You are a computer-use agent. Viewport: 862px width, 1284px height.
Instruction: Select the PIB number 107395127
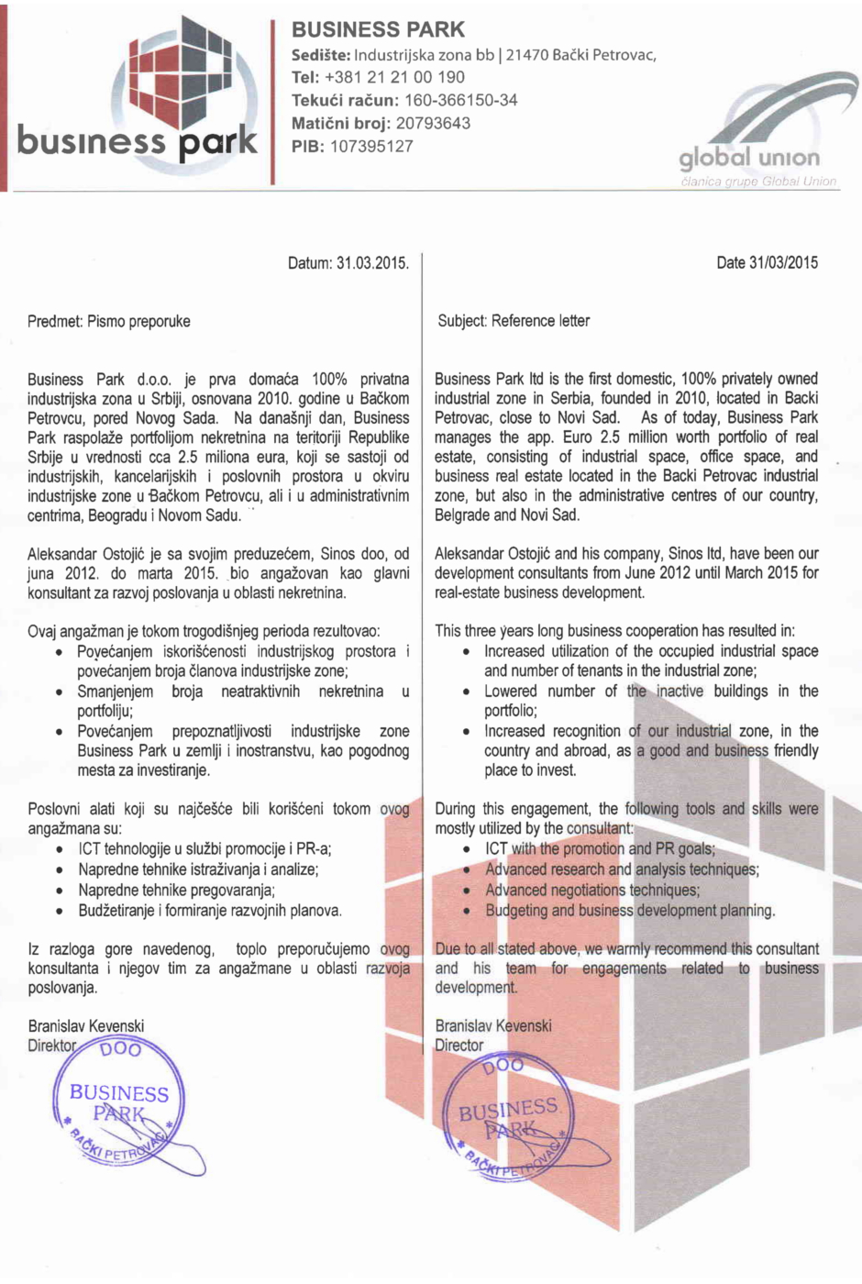(371, 146)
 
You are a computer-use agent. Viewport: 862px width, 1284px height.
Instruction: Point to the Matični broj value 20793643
(433, 123)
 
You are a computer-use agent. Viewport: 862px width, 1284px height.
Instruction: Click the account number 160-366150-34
(460, 100)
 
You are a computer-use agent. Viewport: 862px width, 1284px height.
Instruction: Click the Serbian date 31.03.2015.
(372, 263)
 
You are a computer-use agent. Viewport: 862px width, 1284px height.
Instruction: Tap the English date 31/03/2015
(783, 262)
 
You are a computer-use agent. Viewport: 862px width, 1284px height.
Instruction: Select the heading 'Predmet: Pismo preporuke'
(109, 321)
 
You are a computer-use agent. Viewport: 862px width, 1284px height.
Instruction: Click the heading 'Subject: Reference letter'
(514, 321)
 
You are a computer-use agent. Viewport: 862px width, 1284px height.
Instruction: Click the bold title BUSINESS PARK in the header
(378, 29)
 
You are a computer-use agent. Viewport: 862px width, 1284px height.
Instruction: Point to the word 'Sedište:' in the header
(321, 55)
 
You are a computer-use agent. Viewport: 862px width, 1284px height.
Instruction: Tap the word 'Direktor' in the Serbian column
(52, 1046)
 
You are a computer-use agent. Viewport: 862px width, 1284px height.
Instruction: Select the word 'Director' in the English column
(459, 1046)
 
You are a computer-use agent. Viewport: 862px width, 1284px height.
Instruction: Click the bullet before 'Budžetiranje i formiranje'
(60, 912)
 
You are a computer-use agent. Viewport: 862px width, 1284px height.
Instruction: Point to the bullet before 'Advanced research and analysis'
(467, 870)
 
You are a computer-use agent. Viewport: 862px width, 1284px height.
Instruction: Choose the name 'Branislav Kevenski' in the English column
(493, 1025)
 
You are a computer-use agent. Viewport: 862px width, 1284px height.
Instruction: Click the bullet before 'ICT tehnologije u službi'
(60, 850)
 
